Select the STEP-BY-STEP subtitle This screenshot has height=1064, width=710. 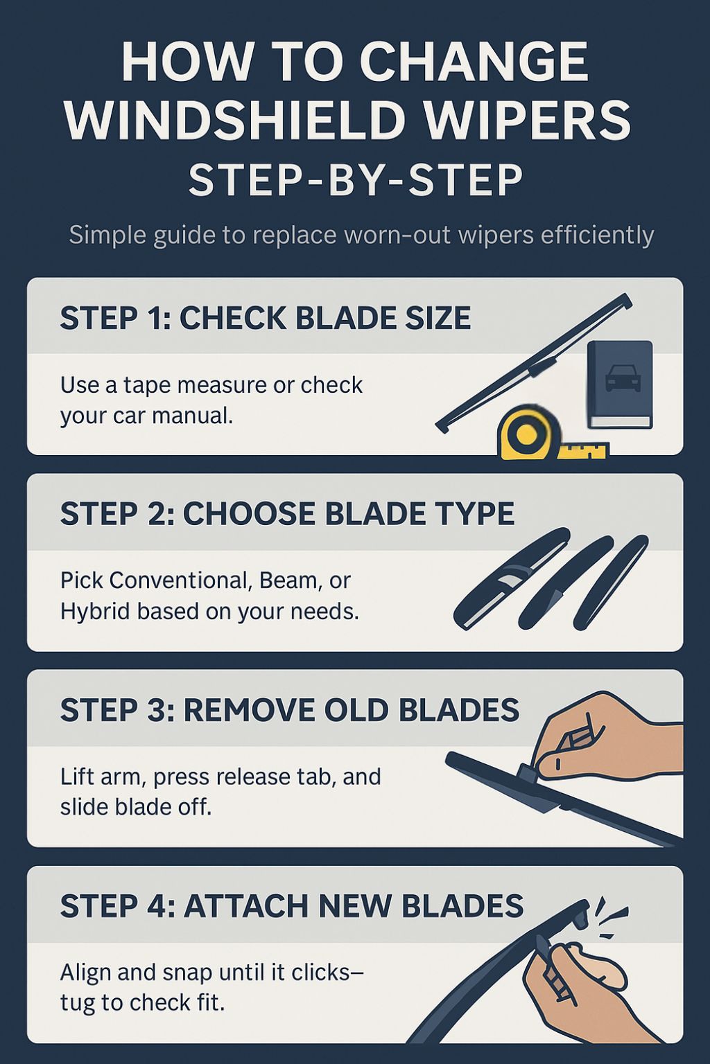[x=355, y=181]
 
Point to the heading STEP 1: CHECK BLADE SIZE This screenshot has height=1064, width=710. [x=266, y=317]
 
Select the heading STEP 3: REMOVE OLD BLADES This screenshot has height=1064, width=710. [x=290, y=709]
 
